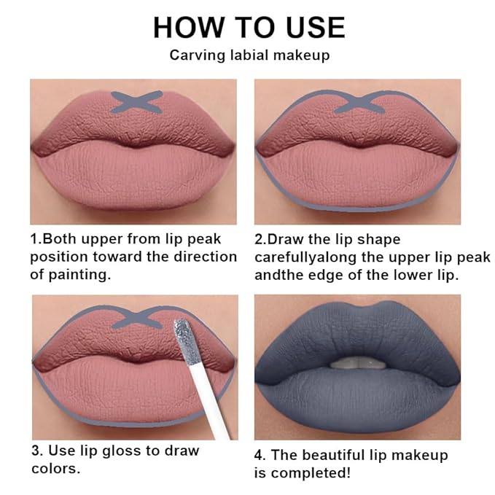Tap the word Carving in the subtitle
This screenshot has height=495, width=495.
click(194, 55)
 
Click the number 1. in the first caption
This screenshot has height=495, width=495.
click(36, 239)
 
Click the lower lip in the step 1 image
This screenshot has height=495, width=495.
click(133, 175)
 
